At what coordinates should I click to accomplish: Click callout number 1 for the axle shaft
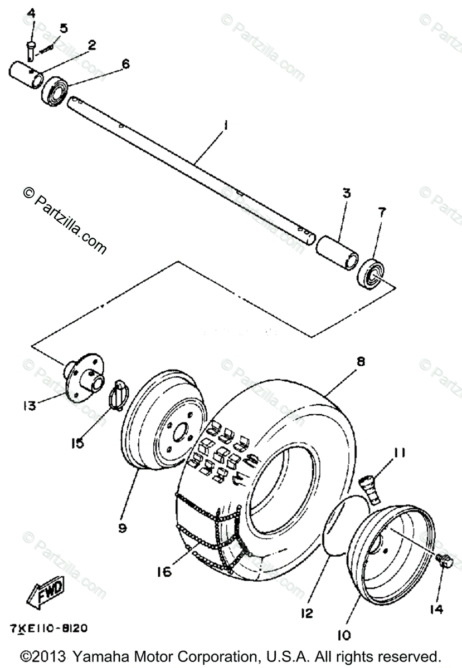225,126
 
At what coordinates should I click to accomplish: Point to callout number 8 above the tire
361,362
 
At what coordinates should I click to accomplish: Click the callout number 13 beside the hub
30,405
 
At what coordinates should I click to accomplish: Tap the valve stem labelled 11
370,485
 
